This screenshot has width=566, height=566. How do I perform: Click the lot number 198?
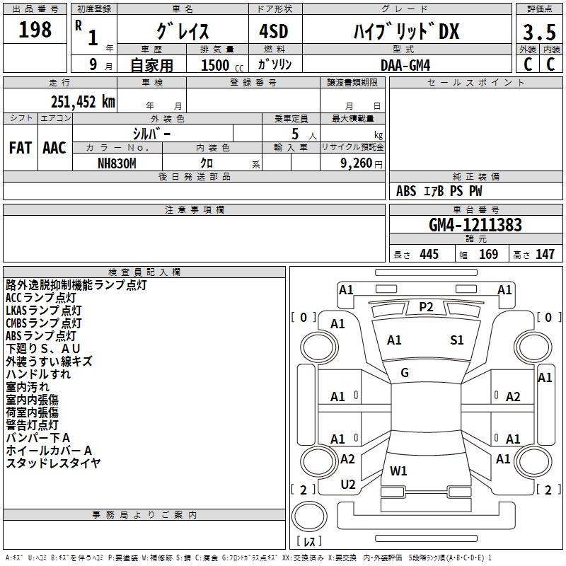tap(35, 30)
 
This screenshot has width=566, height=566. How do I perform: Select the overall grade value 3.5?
tap(538, 32)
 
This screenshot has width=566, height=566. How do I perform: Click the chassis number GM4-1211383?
tap(475, 225)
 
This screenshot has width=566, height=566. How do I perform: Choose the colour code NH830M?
tap(117, 163)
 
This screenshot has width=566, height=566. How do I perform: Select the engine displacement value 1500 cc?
tap(216, 64)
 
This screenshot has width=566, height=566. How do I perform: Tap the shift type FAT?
tap(20, 148)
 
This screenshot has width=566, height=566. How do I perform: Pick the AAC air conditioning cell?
tap(54, 148)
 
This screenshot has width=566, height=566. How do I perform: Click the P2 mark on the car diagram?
tap(425, 306)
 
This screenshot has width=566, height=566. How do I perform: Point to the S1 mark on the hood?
tap(457, 340)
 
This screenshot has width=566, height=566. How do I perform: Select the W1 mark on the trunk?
tap(398, 470)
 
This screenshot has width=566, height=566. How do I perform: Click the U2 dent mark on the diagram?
tap(348, 484)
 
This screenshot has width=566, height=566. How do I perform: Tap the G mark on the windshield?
tap(405, 372)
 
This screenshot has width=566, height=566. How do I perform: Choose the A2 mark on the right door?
tap(513, 397)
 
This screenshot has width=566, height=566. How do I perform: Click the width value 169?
tap(488, 254)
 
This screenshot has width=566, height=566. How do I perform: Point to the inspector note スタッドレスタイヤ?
tap(53, 463)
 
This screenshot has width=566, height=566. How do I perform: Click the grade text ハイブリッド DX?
tap(406, 32)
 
